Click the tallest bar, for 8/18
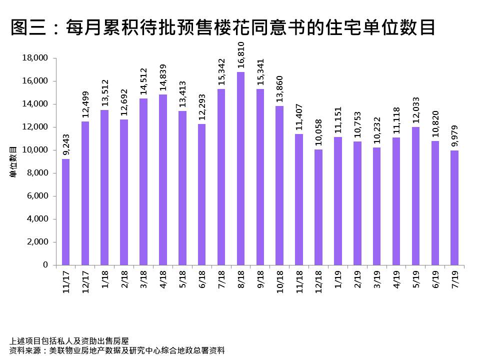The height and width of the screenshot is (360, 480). (x=240, y=168)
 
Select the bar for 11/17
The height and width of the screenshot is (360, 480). (x=65, y=212)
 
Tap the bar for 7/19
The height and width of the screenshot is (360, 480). (x=454, y=207)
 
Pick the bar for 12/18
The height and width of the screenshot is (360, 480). (x=318, y=207)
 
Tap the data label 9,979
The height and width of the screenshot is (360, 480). (x=455, y=138)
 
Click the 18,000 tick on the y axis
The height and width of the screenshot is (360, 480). (x=35, y=58)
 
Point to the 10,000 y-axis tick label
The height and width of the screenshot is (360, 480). (x=35, y=150)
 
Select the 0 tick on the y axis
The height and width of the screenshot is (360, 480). (x=45, y=265)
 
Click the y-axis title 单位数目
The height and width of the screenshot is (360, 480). (x=13, y=161)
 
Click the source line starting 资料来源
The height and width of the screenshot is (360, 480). (x=117, y=350)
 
